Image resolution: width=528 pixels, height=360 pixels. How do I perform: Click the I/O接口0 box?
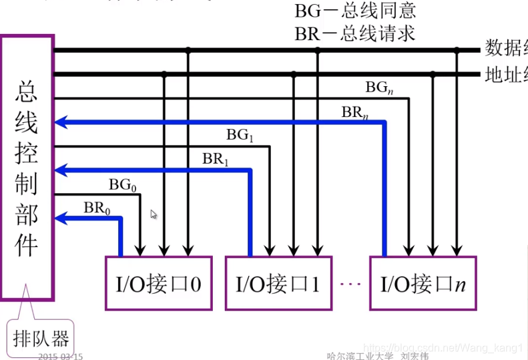[153, 283]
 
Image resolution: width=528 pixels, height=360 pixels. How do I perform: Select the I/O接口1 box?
[278, 283]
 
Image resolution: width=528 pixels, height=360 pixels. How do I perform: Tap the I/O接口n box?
[423, 283]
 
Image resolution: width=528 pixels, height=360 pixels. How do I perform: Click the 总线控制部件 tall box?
[27, 167]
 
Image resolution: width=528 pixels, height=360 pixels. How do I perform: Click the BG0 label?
[123, 185]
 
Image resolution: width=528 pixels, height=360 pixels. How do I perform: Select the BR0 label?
[97, 208]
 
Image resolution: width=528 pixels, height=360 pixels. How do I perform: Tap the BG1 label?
[240, 135]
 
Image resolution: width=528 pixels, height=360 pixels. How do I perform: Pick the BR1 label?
[216, 159]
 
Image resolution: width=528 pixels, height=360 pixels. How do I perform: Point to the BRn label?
[355, 112]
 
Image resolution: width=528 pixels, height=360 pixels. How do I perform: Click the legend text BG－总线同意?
[354, 12]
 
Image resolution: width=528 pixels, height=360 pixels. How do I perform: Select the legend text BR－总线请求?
[354, 33]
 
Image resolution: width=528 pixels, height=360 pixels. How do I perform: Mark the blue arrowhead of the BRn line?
[61, 122]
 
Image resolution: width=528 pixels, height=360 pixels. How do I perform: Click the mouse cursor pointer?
[154, 214]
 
